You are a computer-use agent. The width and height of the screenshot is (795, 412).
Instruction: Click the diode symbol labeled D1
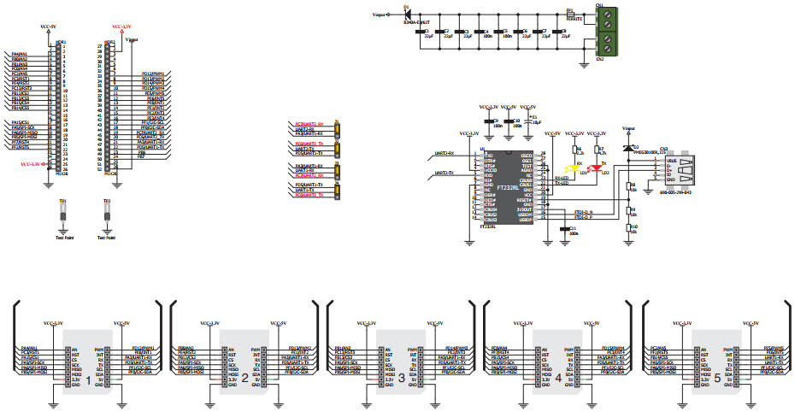[407, 15]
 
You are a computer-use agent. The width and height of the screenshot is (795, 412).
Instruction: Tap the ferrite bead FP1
[569, 15]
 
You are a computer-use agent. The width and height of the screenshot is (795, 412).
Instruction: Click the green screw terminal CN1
[601, 32]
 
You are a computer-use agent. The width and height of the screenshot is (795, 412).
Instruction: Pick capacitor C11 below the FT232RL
[562, 228]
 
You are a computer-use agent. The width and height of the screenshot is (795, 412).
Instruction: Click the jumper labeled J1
[339, 130]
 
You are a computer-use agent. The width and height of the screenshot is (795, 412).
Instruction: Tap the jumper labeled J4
[339, 190]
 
